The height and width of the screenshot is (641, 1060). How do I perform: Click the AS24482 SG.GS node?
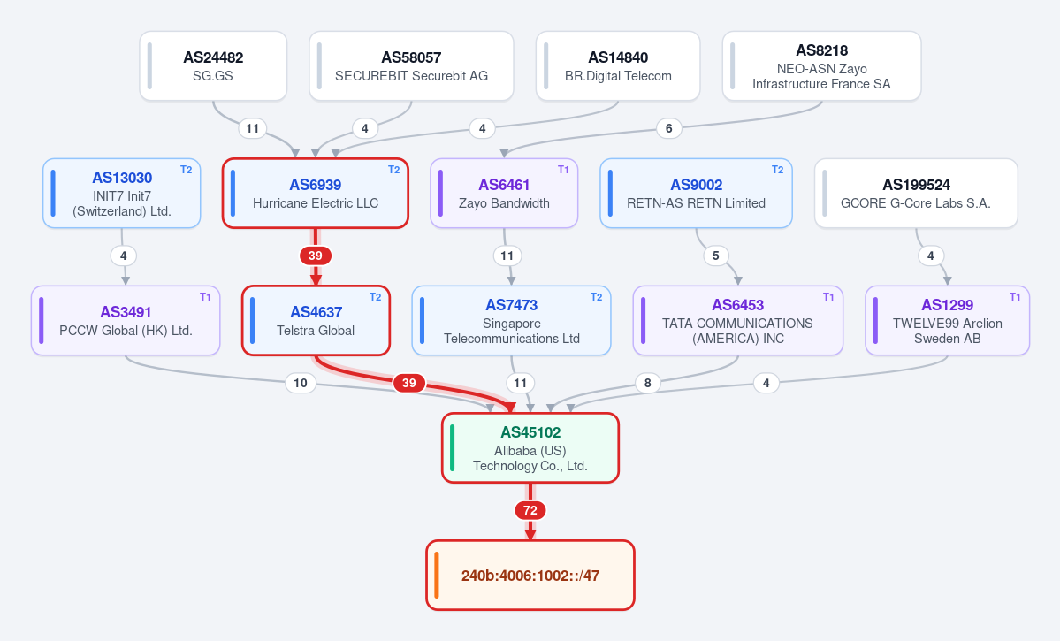pyautogui.click(x=214, y=66)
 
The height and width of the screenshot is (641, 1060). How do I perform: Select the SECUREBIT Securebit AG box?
pyautogui.click(x=411, y=66)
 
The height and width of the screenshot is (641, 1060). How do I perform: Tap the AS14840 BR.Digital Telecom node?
pyautogui.click(x=618, y=66)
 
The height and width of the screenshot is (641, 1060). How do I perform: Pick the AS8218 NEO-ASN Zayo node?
pyautogui.click(x=821, y=66)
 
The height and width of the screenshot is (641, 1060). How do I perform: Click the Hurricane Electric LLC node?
pyautogui.click(x=316, y=194)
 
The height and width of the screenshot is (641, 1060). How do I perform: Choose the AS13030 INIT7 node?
pyautogui.click(x=122, y=194)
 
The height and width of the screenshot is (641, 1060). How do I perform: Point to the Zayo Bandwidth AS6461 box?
pyautogui.click(x=504, y=194)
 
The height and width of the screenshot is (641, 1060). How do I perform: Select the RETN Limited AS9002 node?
pyautogui.click(x=697, y=194)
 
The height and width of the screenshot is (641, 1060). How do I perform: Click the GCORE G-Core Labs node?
pyautogui.click(x=916, y=194)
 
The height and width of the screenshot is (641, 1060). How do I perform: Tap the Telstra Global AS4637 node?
pyautogui.click(x=316, y=320)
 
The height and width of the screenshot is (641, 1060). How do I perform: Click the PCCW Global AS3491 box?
pyautogui.click(x=126, y=320)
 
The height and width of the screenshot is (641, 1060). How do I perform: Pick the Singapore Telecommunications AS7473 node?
pyautogui.click(x=512, y=320)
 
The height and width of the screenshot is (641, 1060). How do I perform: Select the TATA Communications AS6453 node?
pyautogui.click(x=738, y=320)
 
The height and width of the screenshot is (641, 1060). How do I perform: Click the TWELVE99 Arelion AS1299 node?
pyautogui.click(x=947, y=320)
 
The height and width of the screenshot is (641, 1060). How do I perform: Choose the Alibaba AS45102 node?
pyautogui.click(x=530, y=447)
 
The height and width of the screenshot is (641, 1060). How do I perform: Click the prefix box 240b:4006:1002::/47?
pyautogui.click(x=530, y=576)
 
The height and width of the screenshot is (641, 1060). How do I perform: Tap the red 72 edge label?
pyautogui.click(x=530, y=510)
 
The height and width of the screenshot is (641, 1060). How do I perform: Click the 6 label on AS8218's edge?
pyautogui.click(x=668, y=128)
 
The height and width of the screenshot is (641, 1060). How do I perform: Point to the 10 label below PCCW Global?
pyautogui.click(x=301, y=384)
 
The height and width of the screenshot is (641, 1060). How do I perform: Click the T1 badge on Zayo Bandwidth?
pyautogui.click(x=563, y=170)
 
